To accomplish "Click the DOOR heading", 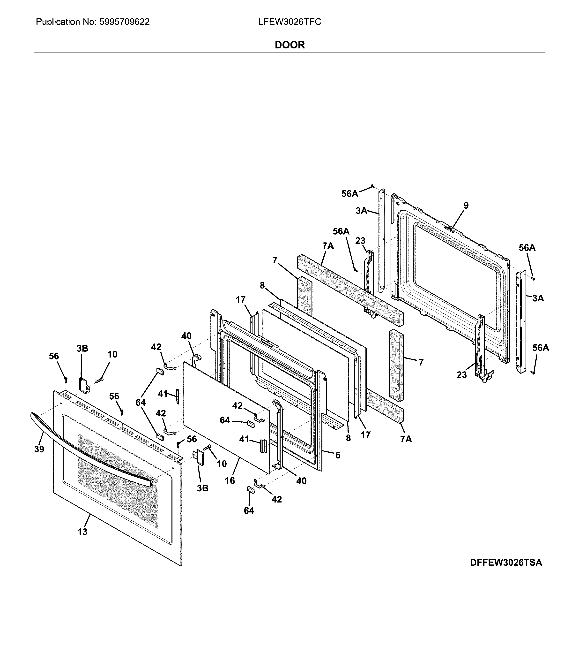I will tap(290, 45).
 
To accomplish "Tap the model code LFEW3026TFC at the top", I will tap(290, 22).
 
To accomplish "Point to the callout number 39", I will tap(39, 449).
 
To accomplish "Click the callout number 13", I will tap(82, 532).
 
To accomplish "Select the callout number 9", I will tap(466, 206).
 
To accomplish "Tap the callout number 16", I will tap(230, 480).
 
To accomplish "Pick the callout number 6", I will tap(338, 455).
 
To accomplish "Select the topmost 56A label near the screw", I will tap(349, 194).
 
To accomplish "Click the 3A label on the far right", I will tap(538, 298).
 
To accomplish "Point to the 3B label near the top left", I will tap(82, 349).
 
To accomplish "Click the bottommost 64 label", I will tap(249, 510).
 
